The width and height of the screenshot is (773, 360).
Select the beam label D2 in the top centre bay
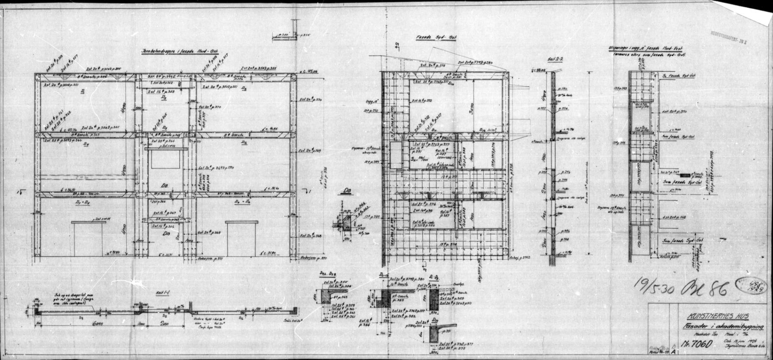click(164, 98)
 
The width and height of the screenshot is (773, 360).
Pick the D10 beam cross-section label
click(435, 321)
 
